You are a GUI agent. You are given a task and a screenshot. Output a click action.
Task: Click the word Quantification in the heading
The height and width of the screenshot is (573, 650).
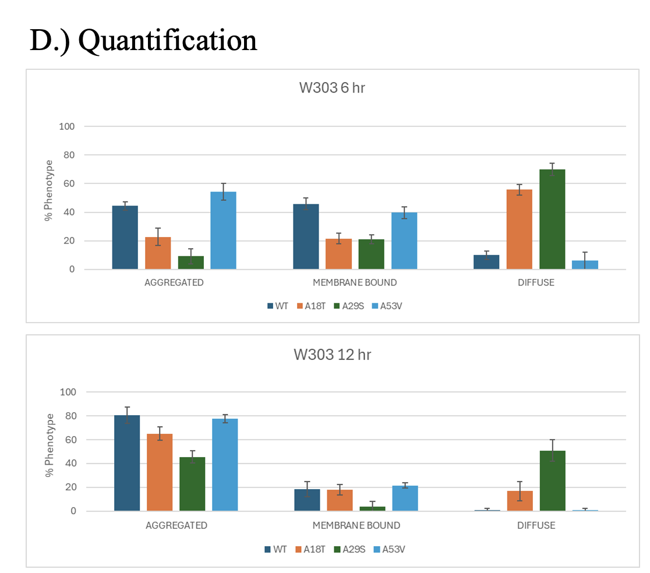pos(167,41)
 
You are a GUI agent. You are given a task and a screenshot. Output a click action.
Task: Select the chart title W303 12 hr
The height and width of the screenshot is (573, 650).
pos(332,355)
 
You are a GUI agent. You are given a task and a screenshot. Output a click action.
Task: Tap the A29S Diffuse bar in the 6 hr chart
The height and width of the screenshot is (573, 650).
pos(552,220)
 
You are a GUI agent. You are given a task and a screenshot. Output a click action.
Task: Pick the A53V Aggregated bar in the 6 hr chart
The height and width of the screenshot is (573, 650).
pos(223,231)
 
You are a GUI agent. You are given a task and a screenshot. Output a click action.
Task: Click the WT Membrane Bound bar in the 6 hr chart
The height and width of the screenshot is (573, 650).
pos(306,236)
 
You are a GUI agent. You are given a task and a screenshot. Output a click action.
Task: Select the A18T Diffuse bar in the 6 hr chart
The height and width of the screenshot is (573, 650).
pos(519,229)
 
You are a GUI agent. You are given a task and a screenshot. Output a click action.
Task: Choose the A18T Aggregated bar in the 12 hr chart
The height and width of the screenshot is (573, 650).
pos(159,472)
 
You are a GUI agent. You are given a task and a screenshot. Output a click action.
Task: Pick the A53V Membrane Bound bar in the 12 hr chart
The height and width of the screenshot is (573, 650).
pos(405,498)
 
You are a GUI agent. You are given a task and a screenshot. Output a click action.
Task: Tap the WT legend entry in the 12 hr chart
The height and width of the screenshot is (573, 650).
pos(275,549)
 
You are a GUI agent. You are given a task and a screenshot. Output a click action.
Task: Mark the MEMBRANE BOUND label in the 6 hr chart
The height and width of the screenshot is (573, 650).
pos(355,283)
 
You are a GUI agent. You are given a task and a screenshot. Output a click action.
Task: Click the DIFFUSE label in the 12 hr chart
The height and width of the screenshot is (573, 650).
pos(536,525)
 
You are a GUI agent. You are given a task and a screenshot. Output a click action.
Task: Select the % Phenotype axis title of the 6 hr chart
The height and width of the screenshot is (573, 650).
pos(50,190)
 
